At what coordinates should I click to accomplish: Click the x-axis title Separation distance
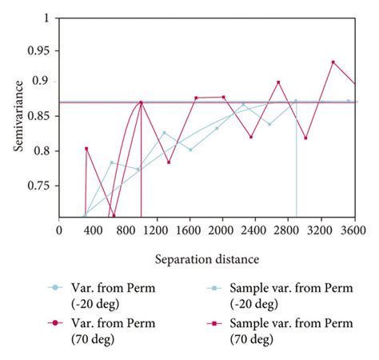click(x=207, y=260)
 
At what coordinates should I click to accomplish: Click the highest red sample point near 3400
click(x=333, y=62)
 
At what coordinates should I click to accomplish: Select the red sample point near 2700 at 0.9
click(x=278, y=82)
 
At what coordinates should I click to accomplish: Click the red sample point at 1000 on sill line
click(x=141, y=102)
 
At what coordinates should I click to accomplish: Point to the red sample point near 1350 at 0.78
click(x=169, y=162)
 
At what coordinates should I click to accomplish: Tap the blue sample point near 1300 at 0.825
click(x=164, y=133)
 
